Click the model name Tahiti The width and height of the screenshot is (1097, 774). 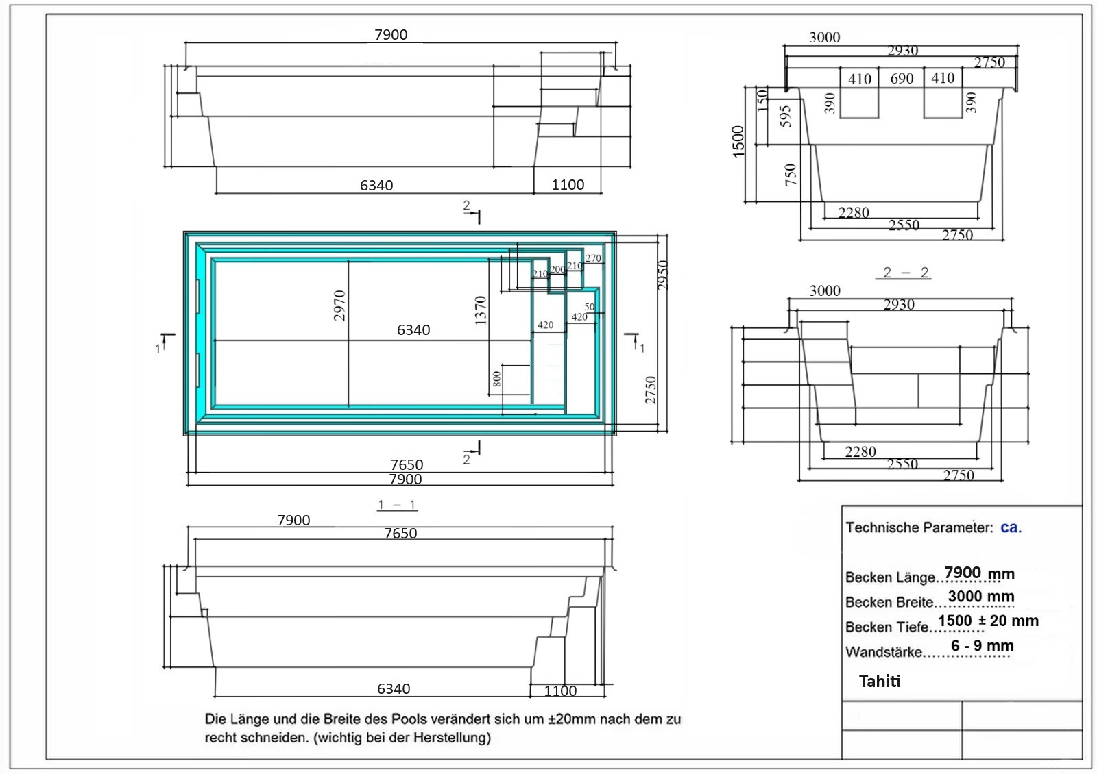tap(880, 681)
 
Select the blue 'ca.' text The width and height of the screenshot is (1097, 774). tap(1011, 527)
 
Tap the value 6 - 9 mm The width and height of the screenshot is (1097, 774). tap(983, 646)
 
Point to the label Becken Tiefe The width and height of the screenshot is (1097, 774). tap(887, 627)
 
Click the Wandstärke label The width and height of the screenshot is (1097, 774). tap(884, 651)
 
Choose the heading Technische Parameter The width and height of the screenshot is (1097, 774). tap(919, 527)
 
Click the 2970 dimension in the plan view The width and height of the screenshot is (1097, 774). tap(339, 305)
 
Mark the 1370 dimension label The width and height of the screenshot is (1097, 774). tap(481, 311)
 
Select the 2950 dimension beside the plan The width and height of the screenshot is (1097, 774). tap(662, 275)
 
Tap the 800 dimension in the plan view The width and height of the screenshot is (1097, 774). tap(496, 379)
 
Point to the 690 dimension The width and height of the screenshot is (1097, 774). tap(902, 79)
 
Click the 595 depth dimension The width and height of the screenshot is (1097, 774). tap(785, 116)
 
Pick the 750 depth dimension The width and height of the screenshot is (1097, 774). tap(791, 175)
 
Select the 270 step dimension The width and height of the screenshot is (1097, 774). tap(593, 258)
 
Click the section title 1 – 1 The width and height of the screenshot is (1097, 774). tap(397, 504)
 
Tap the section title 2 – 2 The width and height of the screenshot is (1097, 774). tap(903, 273)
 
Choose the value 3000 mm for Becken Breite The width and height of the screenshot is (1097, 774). tap(981, 597)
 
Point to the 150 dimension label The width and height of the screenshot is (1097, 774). tap(762, 100)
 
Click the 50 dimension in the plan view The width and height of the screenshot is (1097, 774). tap(590, 307)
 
